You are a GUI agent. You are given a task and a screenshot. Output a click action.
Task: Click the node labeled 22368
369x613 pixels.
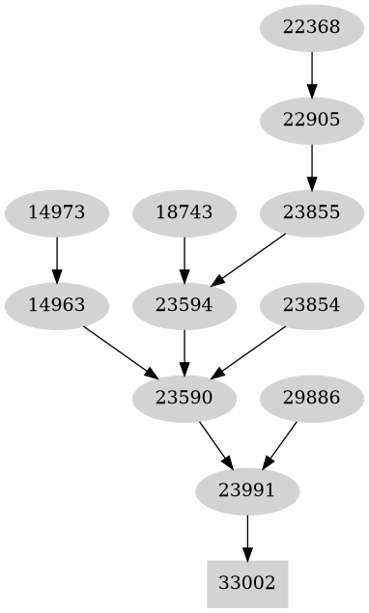[311, 27]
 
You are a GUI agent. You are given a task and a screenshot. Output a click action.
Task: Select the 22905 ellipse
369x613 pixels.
[311, 120]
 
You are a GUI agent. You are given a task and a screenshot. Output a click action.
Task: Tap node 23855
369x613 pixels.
[311, 212]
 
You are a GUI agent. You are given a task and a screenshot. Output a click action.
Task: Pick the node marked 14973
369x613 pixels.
[56, 212]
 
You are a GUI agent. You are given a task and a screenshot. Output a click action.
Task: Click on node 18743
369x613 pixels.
[184, 212]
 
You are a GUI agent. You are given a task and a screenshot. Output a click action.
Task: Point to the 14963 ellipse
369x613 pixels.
[56, 305]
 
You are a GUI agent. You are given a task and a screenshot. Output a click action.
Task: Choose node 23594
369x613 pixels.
[184, 305]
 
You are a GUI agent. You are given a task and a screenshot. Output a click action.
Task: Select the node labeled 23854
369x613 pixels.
[311, 305]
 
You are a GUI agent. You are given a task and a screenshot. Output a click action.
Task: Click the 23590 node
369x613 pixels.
[184, 398]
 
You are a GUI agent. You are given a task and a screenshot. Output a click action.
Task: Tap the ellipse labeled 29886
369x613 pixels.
[311, 398]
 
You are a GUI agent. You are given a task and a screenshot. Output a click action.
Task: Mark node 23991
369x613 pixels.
[247, 490]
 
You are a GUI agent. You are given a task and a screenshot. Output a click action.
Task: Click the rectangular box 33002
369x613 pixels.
[247, 583]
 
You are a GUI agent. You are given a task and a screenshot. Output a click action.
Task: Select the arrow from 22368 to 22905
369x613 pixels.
[311, 73]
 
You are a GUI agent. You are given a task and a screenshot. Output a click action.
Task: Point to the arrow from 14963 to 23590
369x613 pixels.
[120, 351]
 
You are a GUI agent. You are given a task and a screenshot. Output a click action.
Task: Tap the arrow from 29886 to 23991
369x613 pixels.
[279, 444]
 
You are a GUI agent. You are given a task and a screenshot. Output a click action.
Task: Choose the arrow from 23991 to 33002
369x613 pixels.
[247, 537]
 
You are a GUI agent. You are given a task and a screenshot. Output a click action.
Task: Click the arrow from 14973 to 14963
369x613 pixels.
[56, 259]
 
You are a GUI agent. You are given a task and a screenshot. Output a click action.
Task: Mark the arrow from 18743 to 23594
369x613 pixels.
[184, 259]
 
